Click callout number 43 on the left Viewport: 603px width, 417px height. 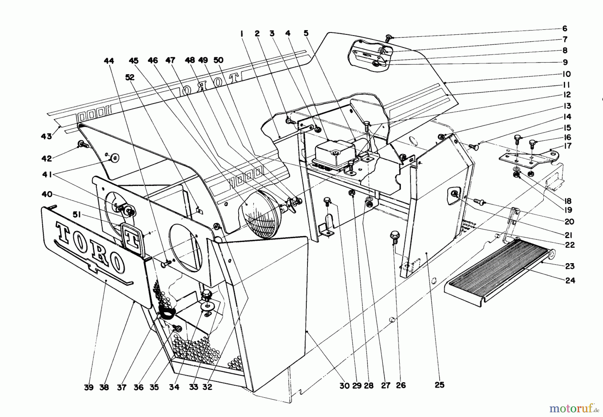pos(46,136)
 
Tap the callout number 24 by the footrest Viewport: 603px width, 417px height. pos(570,280)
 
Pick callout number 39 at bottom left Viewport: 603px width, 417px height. pos(88,387)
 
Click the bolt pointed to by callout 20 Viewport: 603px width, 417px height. pos(479,201)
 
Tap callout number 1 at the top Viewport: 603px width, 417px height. pos(242,33)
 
